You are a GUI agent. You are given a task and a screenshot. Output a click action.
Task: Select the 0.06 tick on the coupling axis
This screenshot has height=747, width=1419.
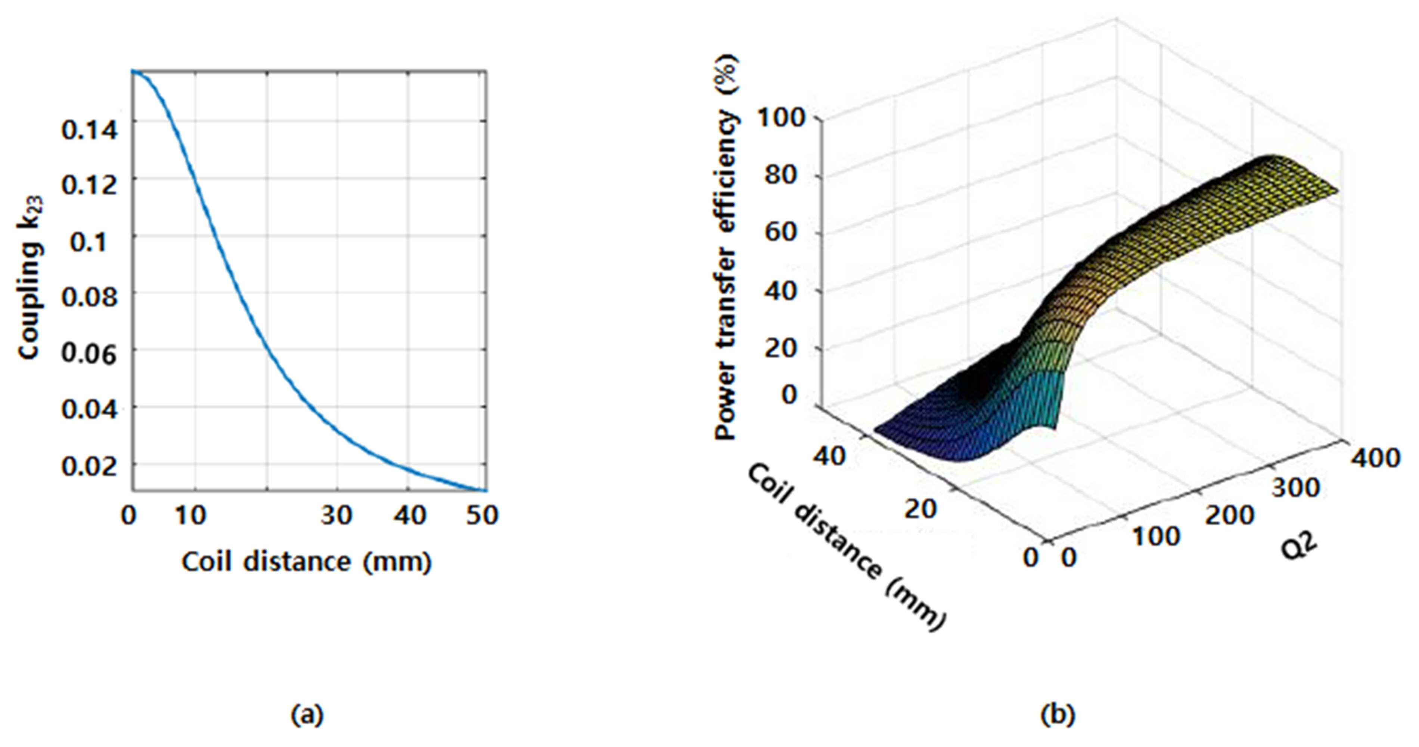(89, 354)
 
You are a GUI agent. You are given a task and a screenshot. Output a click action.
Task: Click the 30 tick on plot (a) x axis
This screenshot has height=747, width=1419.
(336, 516)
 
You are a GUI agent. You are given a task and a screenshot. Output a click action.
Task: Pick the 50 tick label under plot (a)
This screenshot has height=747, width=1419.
(482, 516)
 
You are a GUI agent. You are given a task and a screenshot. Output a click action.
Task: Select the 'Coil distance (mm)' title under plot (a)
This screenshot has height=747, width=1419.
(307, 563)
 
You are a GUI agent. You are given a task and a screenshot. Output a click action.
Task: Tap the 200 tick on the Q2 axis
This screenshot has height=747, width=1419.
(1230, 516)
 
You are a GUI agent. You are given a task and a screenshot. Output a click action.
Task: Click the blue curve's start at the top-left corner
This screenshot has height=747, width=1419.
(132, 71)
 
